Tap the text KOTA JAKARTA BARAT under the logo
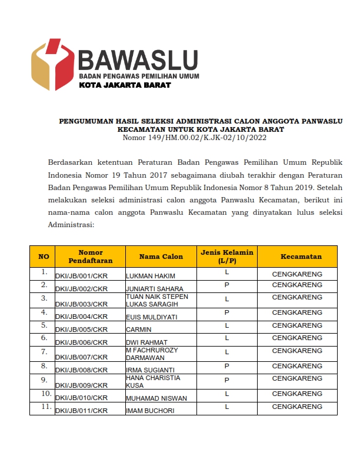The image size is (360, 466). [x=125, y=85]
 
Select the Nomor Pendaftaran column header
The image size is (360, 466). [x=90, y=257]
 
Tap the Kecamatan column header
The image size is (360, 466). [x=301, y=257]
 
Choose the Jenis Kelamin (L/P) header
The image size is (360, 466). [x=226, y=257]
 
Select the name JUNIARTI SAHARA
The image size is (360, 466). [x=155, y=289]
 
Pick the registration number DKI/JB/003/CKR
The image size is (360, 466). [x=81, y=304]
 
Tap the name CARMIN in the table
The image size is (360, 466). [x=139, y=330]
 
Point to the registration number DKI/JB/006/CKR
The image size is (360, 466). [x=81, y=342]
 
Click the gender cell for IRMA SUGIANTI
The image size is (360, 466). [x=226, y=366]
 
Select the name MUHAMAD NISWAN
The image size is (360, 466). [x=156, y=398]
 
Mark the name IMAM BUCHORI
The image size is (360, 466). [x=150, y=411]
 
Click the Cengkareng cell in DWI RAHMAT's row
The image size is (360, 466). [x=296, y=339]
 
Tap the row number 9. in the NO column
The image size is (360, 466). [x=44, y=379]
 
